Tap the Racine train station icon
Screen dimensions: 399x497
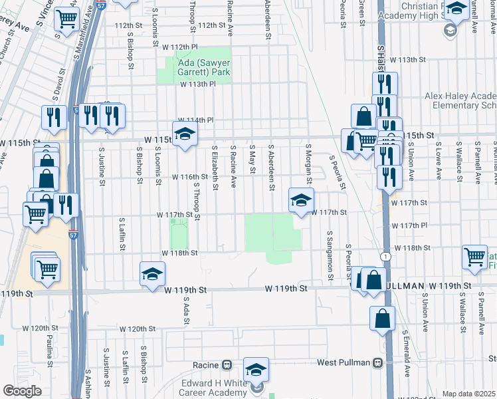pyautogui.click(x=227, y=365)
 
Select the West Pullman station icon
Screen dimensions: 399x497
pyautogui.click(x=377, y=363)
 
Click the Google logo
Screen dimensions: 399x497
pyautogui.click(x=22, y=391)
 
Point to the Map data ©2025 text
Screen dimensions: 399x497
pyautogui.click(x=468, y=394)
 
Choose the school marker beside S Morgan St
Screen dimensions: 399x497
pyautogui.click(x=301, y=199)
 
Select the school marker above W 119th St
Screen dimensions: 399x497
pyautogui.click(x=152, y=274)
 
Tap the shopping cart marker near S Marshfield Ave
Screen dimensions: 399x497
pyautogui.click(x=66, y=20)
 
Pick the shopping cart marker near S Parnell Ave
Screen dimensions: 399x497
pyautogui.click(x=476, y=257)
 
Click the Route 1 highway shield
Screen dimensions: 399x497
pyautogui.click(x=386, y=256)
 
